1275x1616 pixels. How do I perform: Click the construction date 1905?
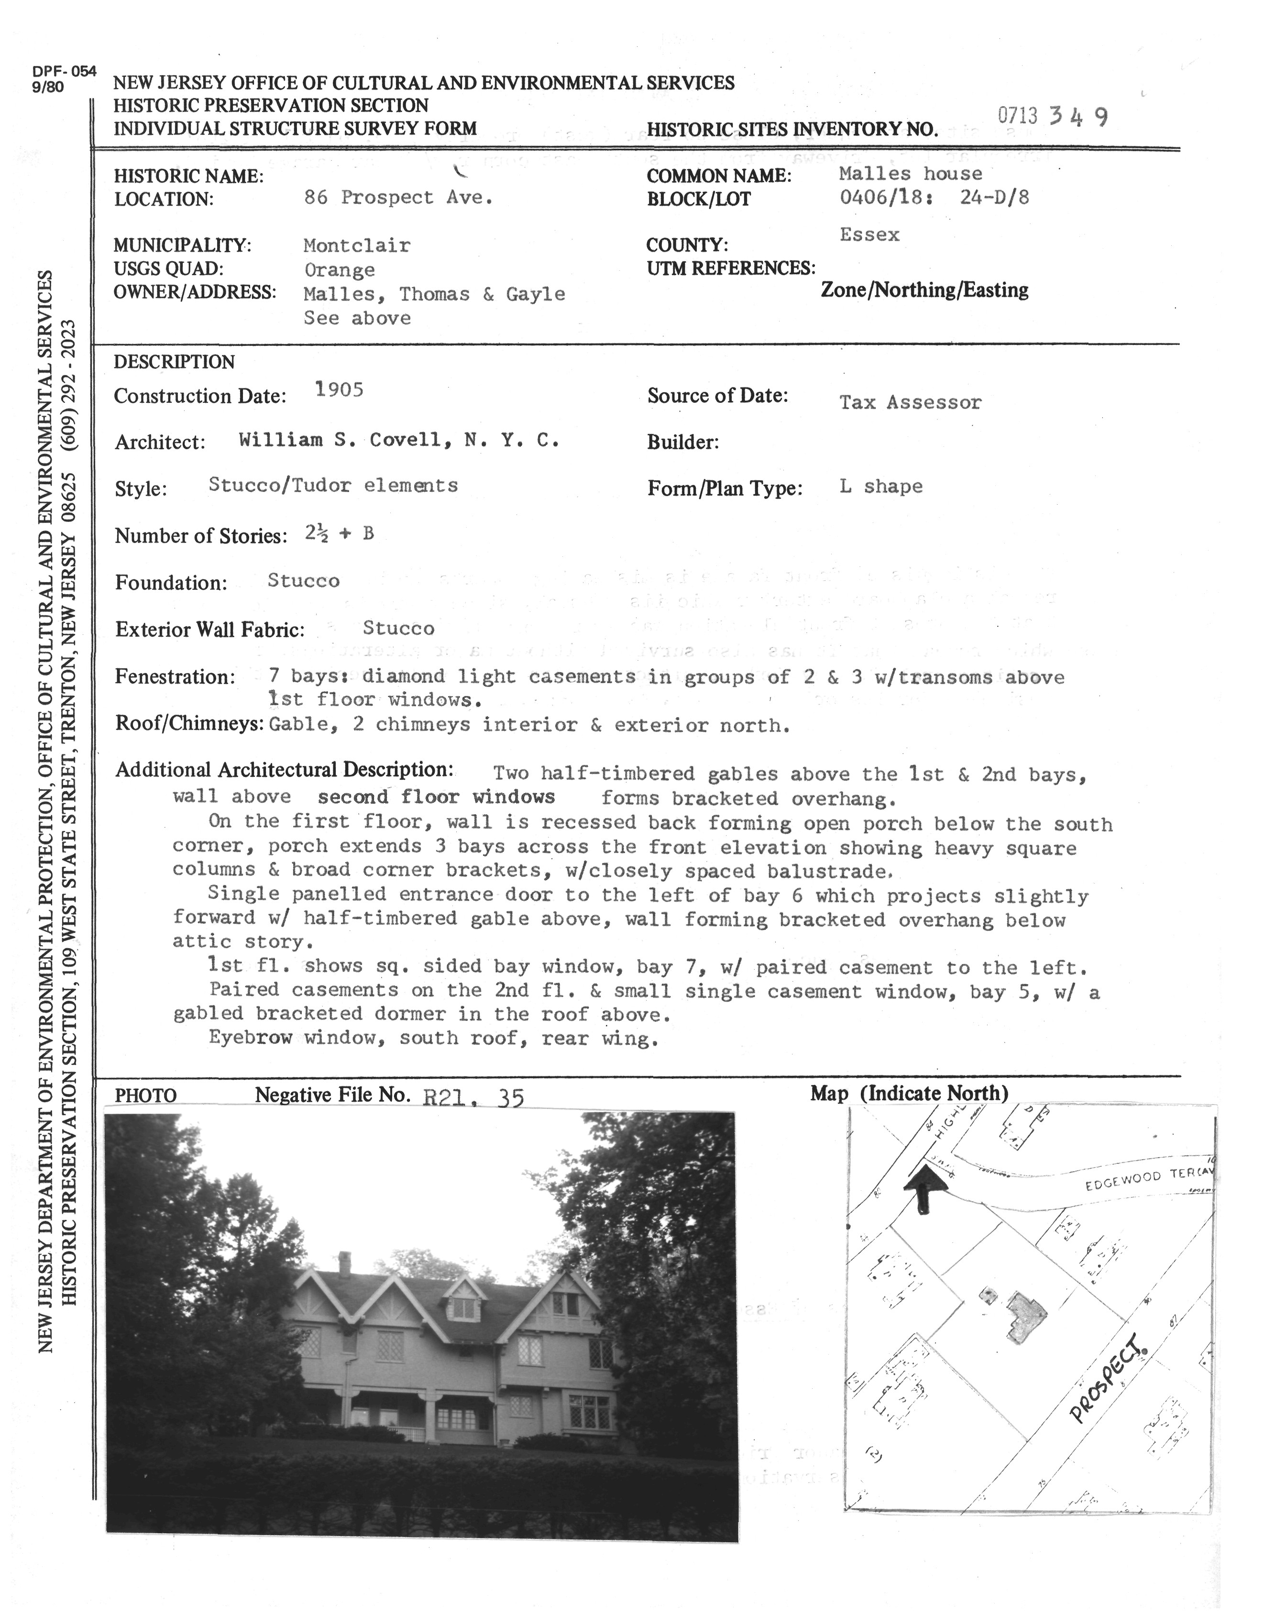[339, 390]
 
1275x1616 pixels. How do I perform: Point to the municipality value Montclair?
[357, 246]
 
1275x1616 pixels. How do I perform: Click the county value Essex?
[869, 234]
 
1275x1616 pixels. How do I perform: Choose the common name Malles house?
[910, 174]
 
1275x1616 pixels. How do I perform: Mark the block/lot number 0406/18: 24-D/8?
[934, 198]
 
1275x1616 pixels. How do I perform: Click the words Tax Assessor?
[910, 402]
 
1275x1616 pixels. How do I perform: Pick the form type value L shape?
[881, 487]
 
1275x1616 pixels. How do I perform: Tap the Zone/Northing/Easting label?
[924, 290]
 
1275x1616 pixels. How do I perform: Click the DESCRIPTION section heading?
[174, 362]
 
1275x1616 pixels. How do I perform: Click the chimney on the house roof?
[344, 1263]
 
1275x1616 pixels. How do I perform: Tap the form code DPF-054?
[64, 72]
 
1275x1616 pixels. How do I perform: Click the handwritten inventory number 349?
[1078, 117]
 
